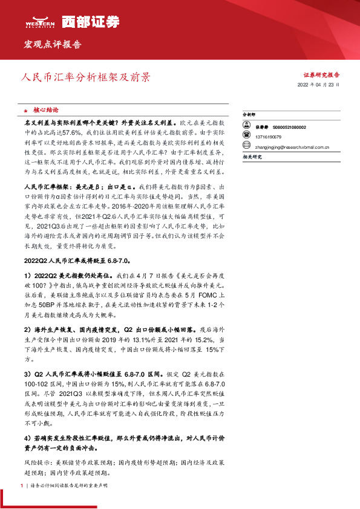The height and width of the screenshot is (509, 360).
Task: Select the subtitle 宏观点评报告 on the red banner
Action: (x=52, y=45)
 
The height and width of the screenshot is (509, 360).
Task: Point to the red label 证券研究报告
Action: (x=321, y=75)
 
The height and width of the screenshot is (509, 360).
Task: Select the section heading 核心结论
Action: (x=45, y=111)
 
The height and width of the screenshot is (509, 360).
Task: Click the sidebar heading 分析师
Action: (x=249, y=114)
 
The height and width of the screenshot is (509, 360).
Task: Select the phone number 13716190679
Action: (x=269, y=137)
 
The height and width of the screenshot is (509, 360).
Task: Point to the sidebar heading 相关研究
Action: (x=251, y=156)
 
